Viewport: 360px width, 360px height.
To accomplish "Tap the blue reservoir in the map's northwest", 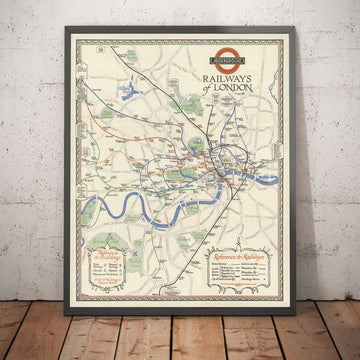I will pyautogui.click(x=131, y=94).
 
